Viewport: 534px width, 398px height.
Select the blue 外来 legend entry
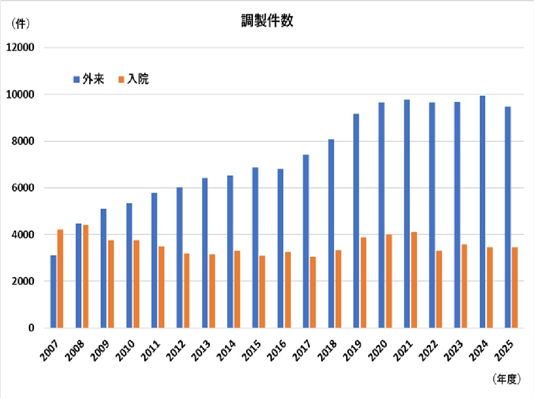pyautogui.click(x=89, y=79)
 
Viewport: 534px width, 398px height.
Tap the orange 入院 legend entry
pyautogui.click(x=134, y=79)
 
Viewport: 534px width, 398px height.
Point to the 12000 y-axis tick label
pyautogui.click(x=20, y=48)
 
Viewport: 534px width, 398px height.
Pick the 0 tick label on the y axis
pyautogui.click(x=31, y=328)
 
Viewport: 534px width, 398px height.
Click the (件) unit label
pyautogui.click(x=21, y=23)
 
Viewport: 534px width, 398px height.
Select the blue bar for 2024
pyautogui.click(x=483, y=212)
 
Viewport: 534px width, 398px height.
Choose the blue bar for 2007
pyautogui.click(x=53, y=291)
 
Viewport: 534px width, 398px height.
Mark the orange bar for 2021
pyautogui.click(x=414, y=280)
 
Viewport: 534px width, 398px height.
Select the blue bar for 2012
pyautogui.click(x=179, y=258)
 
